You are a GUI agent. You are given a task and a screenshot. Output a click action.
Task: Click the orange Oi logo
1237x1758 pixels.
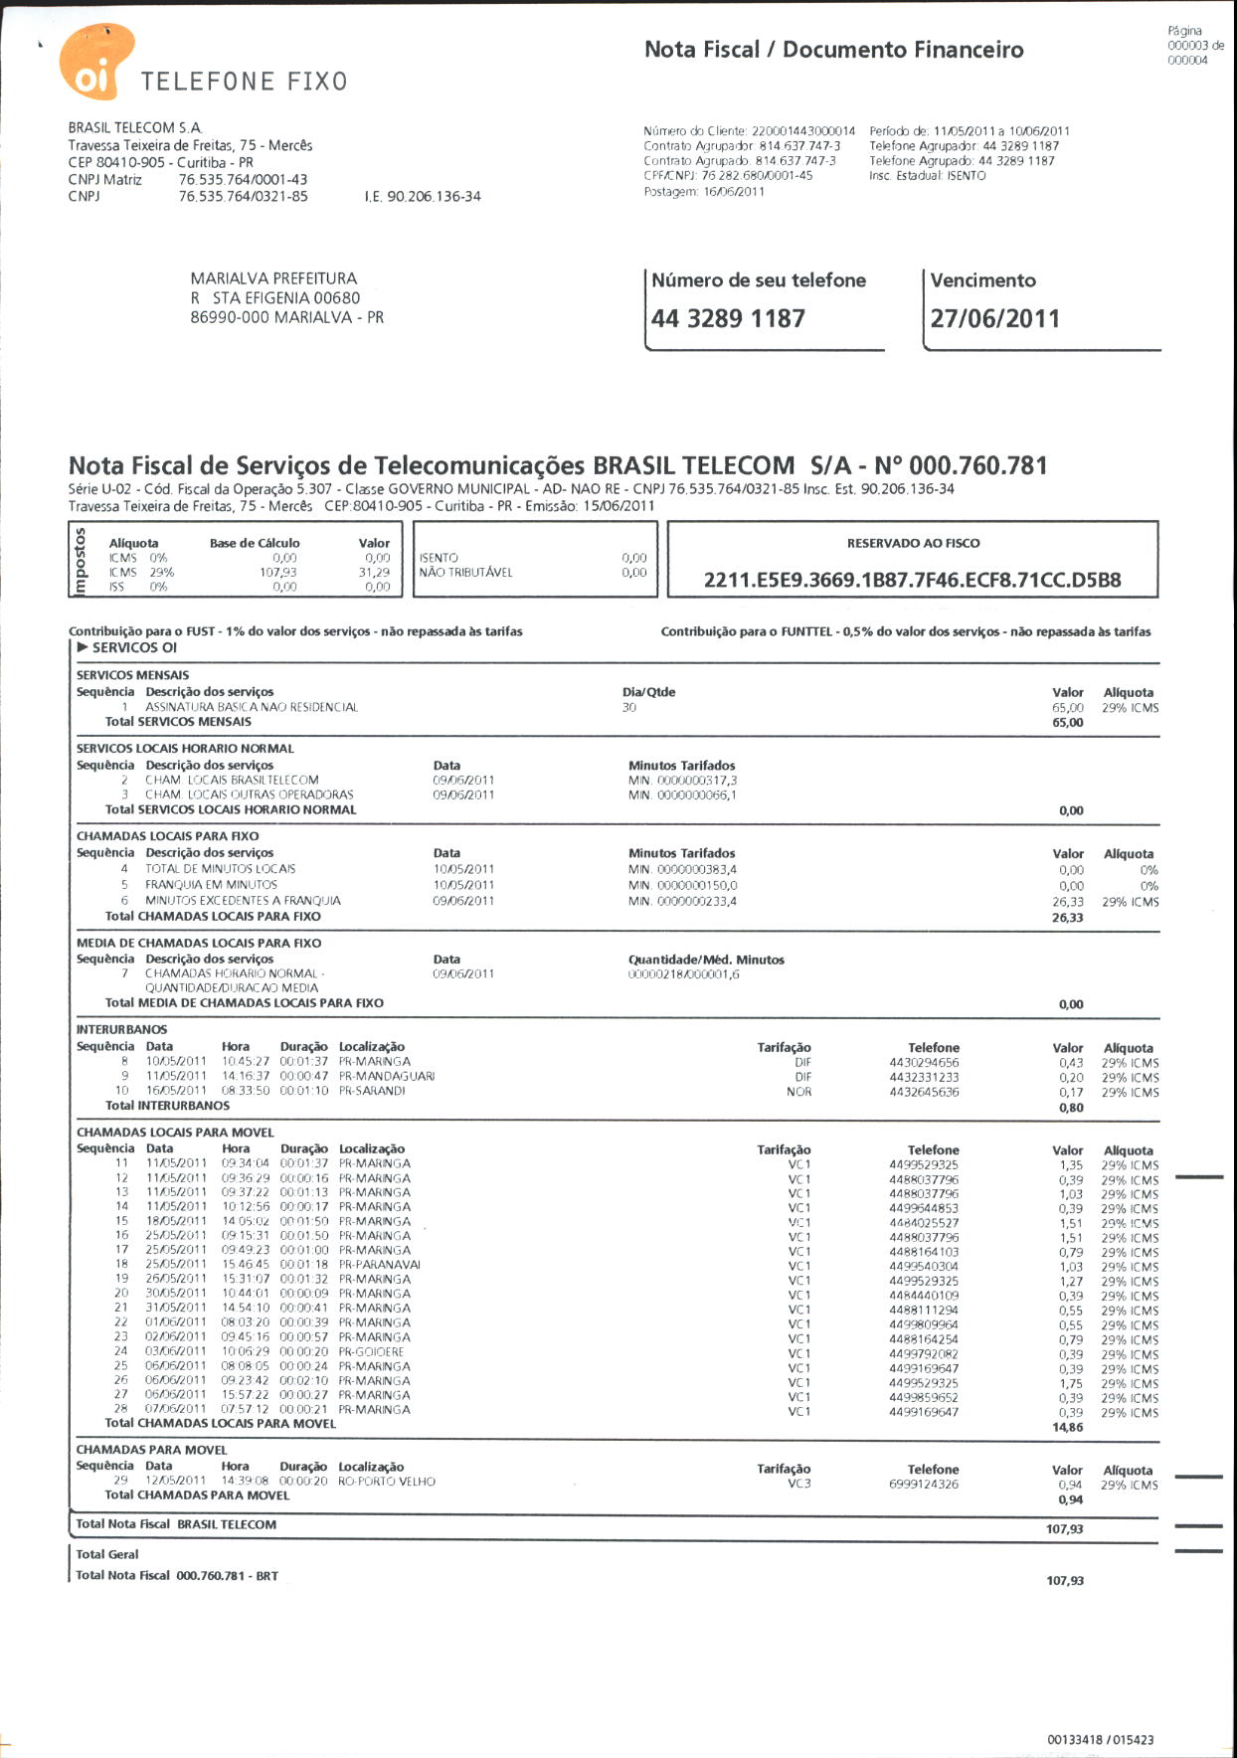tap(96, 62)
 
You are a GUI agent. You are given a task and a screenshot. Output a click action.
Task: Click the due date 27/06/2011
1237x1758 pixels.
tap(994, 319)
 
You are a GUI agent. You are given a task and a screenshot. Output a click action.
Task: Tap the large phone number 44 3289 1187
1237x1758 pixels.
tap(728, 319)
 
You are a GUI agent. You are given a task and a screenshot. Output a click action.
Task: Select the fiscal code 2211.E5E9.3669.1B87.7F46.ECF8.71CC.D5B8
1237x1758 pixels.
tap(912, 580)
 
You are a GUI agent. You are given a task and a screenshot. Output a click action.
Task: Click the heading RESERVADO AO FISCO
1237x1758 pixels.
tap(913, 543)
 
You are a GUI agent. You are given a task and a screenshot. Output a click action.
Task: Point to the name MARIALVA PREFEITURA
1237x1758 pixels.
tap(273, 278)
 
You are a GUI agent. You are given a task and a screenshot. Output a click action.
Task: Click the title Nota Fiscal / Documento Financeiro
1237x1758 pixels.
tap(833, 50)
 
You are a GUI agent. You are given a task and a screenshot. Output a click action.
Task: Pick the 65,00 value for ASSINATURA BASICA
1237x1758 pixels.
tap(1067, 708)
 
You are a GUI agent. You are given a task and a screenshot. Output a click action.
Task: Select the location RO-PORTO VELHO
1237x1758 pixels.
tap(387, 1482)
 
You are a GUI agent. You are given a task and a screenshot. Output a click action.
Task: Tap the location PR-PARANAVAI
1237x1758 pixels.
tap(379, 1265)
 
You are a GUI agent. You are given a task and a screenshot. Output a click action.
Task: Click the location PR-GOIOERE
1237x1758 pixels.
tap(371, 1352)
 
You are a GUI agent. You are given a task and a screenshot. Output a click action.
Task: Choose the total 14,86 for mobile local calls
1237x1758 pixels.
tap(1067, 1428)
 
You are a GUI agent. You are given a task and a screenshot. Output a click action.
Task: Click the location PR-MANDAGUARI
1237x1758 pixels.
tap(386, 1076)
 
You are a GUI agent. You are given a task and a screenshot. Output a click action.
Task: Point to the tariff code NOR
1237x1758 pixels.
tap(798, 1092)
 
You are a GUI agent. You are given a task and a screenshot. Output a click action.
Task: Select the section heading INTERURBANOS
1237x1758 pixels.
tap(121, 1029)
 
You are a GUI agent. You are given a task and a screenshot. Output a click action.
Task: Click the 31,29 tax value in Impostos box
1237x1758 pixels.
tap(374, 573)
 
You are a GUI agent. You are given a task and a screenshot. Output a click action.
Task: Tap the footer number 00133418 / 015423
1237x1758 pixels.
tap(1100, 1740)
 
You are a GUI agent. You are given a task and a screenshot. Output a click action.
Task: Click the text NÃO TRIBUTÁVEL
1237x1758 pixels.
tap(465, 573)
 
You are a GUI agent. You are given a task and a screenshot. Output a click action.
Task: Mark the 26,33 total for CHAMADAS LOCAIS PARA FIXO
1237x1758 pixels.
tap(1067, 918)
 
